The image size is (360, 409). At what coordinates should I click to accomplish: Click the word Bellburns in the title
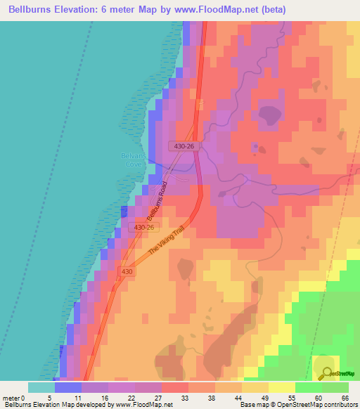tap(32, 9)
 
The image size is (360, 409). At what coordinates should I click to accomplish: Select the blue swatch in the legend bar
tap(68, 387)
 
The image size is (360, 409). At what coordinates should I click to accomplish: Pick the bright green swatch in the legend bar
tap(308, 387)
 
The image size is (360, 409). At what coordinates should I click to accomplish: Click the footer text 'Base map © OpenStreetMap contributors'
tap(298, 405)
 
